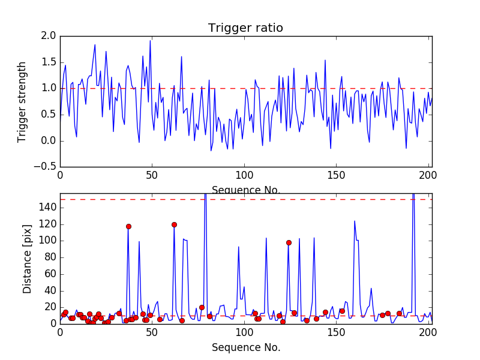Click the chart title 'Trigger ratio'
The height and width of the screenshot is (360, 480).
tap(245, 28)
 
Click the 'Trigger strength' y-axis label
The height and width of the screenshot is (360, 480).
tap(22, 101)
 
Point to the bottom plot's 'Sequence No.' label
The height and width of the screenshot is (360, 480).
tap(245, 347)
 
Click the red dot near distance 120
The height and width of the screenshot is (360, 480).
tap(174, 224)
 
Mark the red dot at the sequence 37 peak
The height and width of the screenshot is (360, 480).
tap(128, 226)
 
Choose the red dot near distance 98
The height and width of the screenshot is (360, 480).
tap(289, 242)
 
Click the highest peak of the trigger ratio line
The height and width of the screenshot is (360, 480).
tap(150, 41)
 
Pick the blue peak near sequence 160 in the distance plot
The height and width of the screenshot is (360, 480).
tap(354, 221)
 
